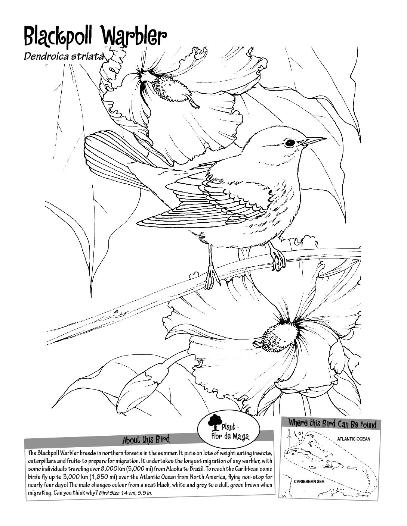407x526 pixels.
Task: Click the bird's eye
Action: click(290, 143)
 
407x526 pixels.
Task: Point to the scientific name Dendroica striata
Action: click(64, 56)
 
